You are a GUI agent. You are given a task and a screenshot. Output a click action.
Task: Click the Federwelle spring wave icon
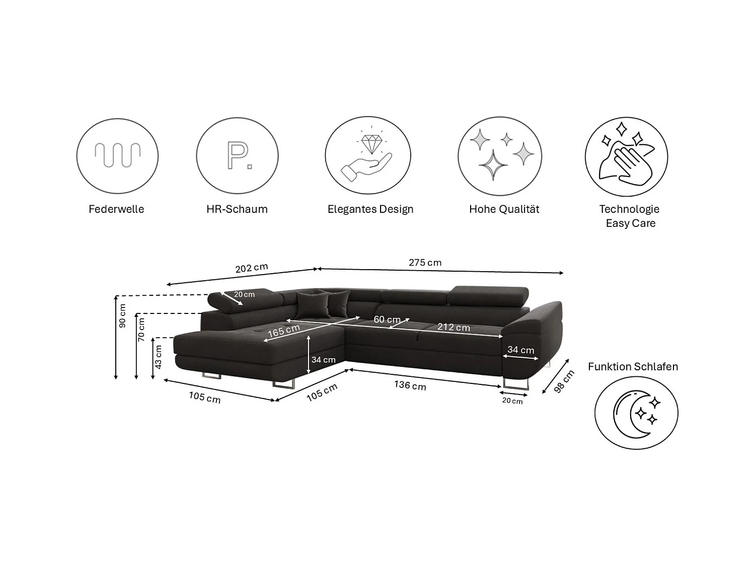coord(118,154)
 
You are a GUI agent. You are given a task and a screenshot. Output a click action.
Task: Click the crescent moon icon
coord(636,414)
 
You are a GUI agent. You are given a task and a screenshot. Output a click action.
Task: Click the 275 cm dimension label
coord(425,263)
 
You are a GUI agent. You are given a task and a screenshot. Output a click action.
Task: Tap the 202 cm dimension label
coord(252,268)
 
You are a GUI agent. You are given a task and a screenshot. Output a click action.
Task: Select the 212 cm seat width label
coord(454,327)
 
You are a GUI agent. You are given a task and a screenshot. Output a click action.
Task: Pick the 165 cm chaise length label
coord(284,331)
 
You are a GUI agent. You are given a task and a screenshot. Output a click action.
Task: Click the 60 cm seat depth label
coord(387,319)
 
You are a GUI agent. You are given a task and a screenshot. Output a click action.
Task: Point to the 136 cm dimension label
coord(410,385)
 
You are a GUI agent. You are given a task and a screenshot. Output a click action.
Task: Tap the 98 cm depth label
coord(564,381)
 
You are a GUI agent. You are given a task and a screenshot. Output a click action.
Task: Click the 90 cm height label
coord(122,315)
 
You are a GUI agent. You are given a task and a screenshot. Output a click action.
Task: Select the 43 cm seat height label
coord(158,357)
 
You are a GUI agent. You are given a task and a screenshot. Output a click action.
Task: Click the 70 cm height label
coord(141,329)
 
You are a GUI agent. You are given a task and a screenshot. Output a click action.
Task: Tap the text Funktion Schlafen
coord(633,367)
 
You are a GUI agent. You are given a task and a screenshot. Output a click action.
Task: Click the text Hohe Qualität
coord(504,209)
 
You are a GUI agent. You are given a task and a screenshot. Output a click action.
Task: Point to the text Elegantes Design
coord(370,209)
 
